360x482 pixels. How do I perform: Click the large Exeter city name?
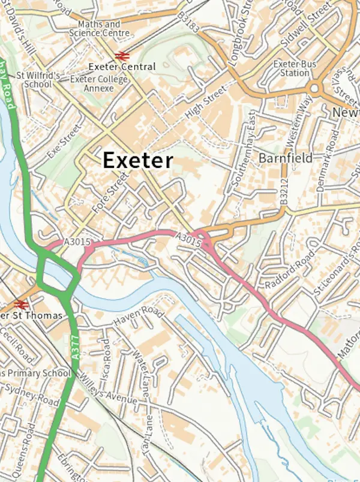(x=138, y=160)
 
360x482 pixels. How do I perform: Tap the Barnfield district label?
(x=286, y=158)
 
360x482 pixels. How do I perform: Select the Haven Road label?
(x=139, y=317)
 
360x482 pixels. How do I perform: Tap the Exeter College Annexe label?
(x=92, y=83)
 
